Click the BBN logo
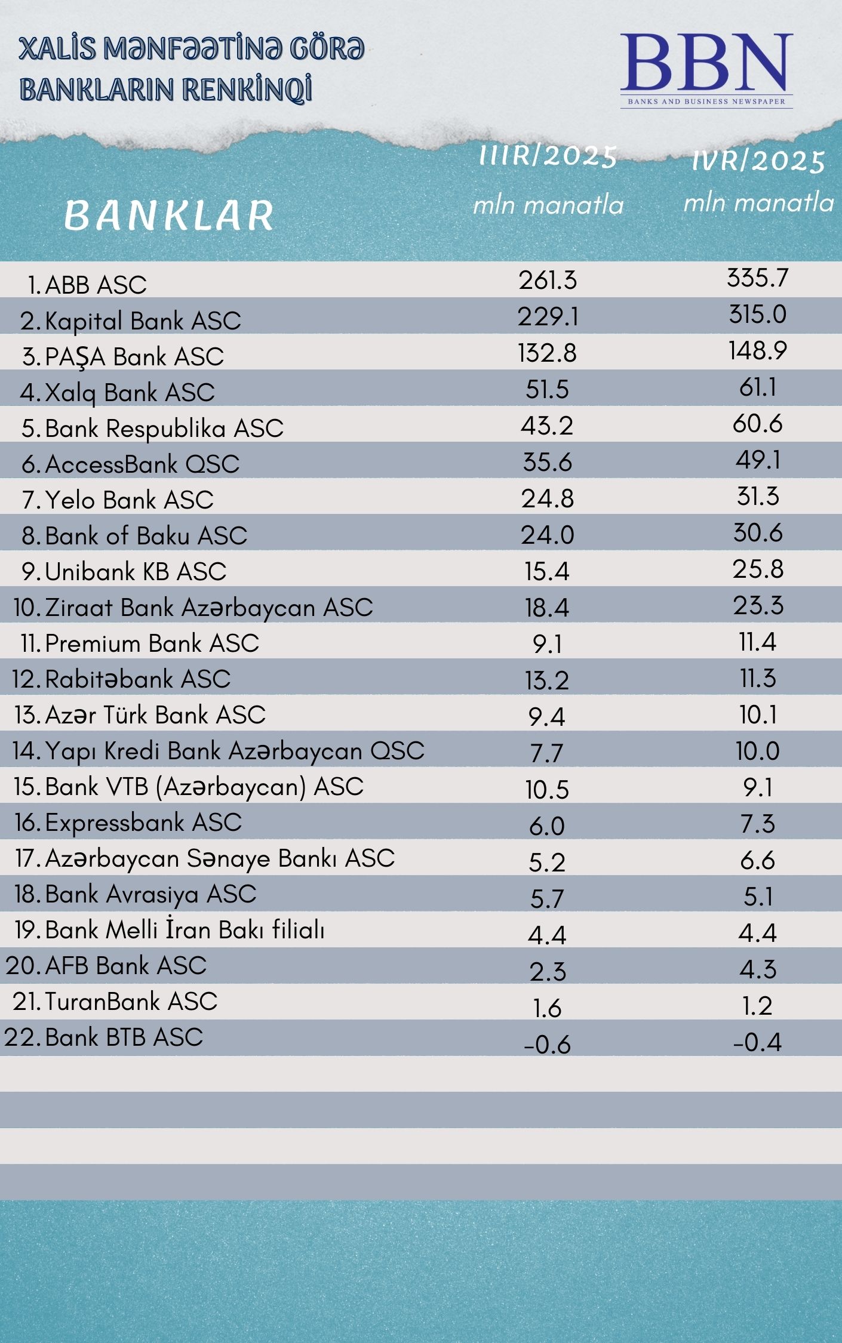706,69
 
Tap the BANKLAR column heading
169,215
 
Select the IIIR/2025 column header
548,156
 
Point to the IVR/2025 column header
758,161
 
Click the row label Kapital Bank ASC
142,321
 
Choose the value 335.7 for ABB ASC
757,278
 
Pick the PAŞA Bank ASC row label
134,357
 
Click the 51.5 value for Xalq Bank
547,389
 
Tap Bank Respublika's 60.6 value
757,424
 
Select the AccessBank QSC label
142,464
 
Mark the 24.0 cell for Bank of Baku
547,535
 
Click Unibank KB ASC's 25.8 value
757,569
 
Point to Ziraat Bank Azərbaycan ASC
208,608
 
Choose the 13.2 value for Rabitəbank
547,680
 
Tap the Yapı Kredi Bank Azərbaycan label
234,751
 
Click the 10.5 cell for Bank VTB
547,790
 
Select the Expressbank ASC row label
143,823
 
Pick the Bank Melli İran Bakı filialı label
185,930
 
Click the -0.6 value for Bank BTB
547,1045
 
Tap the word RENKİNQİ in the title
247,90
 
